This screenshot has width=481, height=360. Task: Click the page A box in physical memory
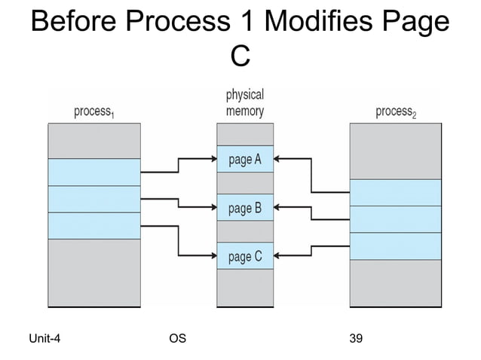(245, 159)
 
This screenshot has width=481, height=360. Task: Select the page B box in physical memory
(245, 208)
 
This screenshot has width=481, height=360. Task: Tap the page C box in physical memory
(245, 257)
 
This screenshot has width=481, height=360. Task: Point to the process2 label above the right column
(396, 112)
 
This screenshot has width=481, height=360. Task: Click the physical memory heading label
(245, 103)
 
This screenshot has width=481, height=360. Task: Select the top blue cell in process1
(94, 172)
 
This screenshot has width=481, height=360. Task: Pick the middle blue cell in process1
(94, 199)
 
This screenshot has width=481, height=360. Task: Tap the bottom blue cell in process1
(94, 225)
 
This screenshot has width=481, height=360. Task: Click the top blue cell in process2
(396, 192)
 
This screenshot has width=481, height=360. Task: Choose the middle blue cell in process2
(396, 219)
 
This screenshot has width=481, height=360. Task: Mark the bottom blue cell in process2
(396, 246)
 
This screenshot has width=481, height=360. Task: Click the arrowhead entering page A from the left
(213, 159)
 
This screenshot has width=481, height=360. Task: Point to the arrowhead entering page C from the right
(277, 257)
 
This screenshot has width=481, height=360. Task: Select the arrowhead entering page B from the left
(213, 208)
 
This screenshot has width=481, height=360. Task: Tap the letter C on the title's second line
(240, 55)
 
